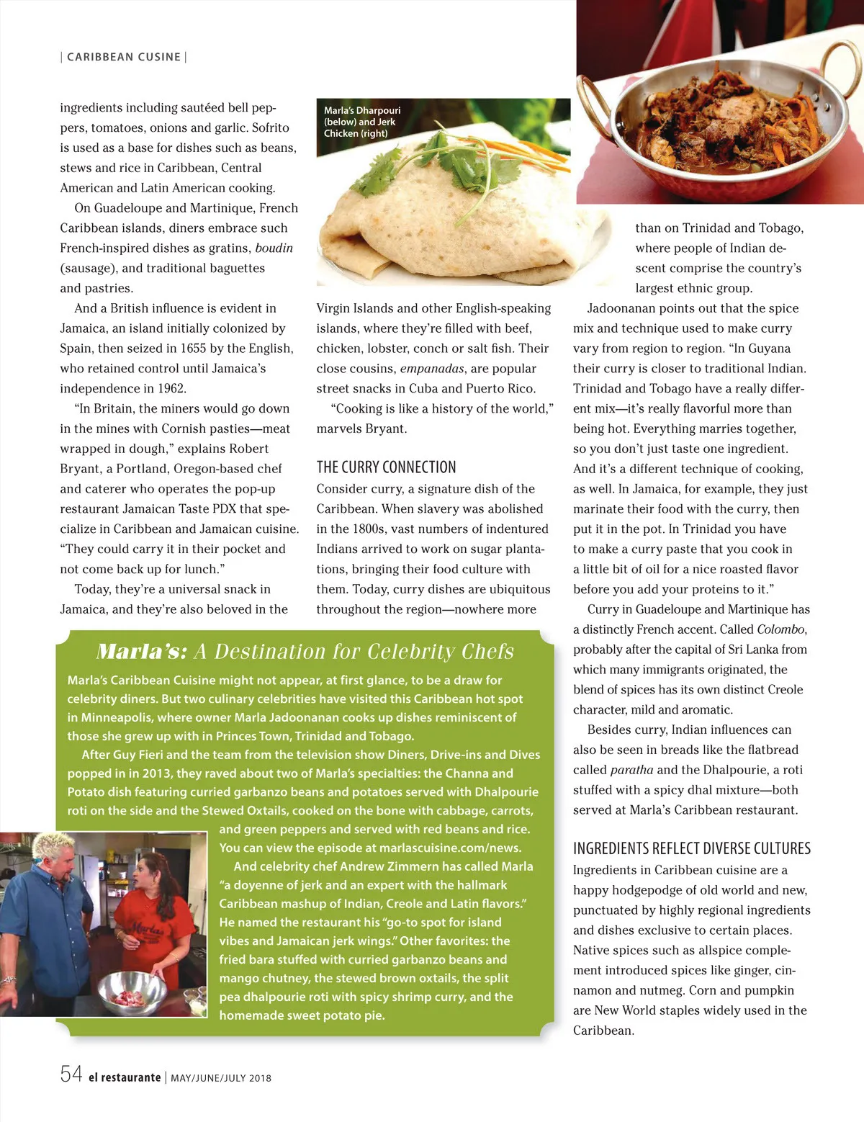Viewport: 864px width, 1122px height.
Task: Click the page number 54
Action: tap(71, 1074)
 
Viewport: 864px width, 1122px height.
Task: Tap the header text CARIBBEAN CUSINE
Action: tap(124, 57)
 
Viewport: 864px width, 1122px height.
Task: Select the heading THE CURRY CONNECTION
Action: tap(386, 467)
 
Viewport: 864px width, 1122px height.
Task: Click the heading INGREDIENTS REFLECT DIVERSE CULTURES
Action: tap(691, 848)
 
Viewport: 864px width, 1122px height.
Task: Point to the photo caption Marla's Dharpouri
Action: tap(361, 110)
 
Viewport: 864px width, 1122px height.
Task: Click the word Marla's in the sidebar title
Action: tap(142, 652)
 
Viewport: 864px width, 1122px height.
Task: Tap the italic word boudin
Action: tap(274, 248)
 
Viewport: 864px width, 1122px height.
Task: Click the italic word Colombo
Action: tap(780, 629)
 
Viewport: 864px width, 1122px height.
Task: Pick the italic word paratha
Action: tap(631, 769)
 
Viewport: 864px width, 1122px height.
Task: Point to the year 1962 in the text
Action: tap(171, 388)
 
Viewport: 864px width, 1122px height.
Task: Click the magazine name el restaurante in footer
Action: tap(125, 1077)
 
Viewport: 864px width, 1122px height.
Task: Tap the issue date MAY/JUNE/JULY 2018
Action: tap(221, 1078)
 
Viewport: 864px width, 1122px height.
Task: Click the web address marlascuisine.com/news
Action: tap(450, 848)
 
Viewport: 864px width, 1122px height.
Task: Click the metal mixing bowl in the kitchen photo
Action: tap(133, 992)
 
